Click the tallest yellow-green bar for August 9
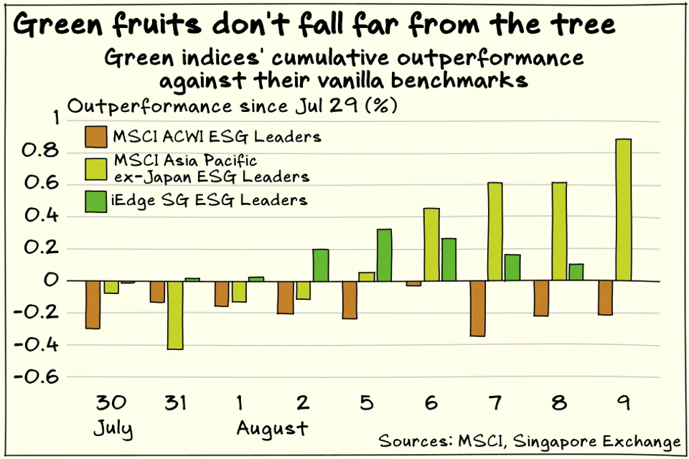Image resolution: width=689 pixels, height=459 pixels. coord(624,209)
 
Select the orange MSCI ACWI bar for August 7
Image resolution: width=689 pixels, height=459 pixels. coord(477,308)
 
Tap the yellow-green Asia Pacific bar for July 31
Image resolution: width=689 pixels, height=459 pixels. coord(175,315)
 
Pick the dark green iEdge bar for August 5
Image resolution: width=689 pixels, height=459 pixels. coord(384,255)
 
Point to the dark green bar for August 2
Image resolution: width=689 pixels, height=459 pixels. coord(320,265)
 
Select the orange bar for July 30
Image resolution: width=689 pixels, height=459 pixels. coord(93,305)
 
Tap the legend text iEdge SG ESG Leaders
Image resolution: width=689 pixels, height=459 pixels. coord(210,200)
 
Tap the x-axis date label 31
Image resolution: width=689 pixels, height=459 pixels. coord(175,403)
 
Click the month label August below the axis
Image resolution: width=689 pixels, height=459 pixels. coord(272,429)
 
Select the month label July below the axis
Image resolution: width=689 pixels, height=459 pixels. coord(113,429)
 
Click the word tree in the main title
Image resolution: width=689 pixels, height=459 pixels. coord(578,24)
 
